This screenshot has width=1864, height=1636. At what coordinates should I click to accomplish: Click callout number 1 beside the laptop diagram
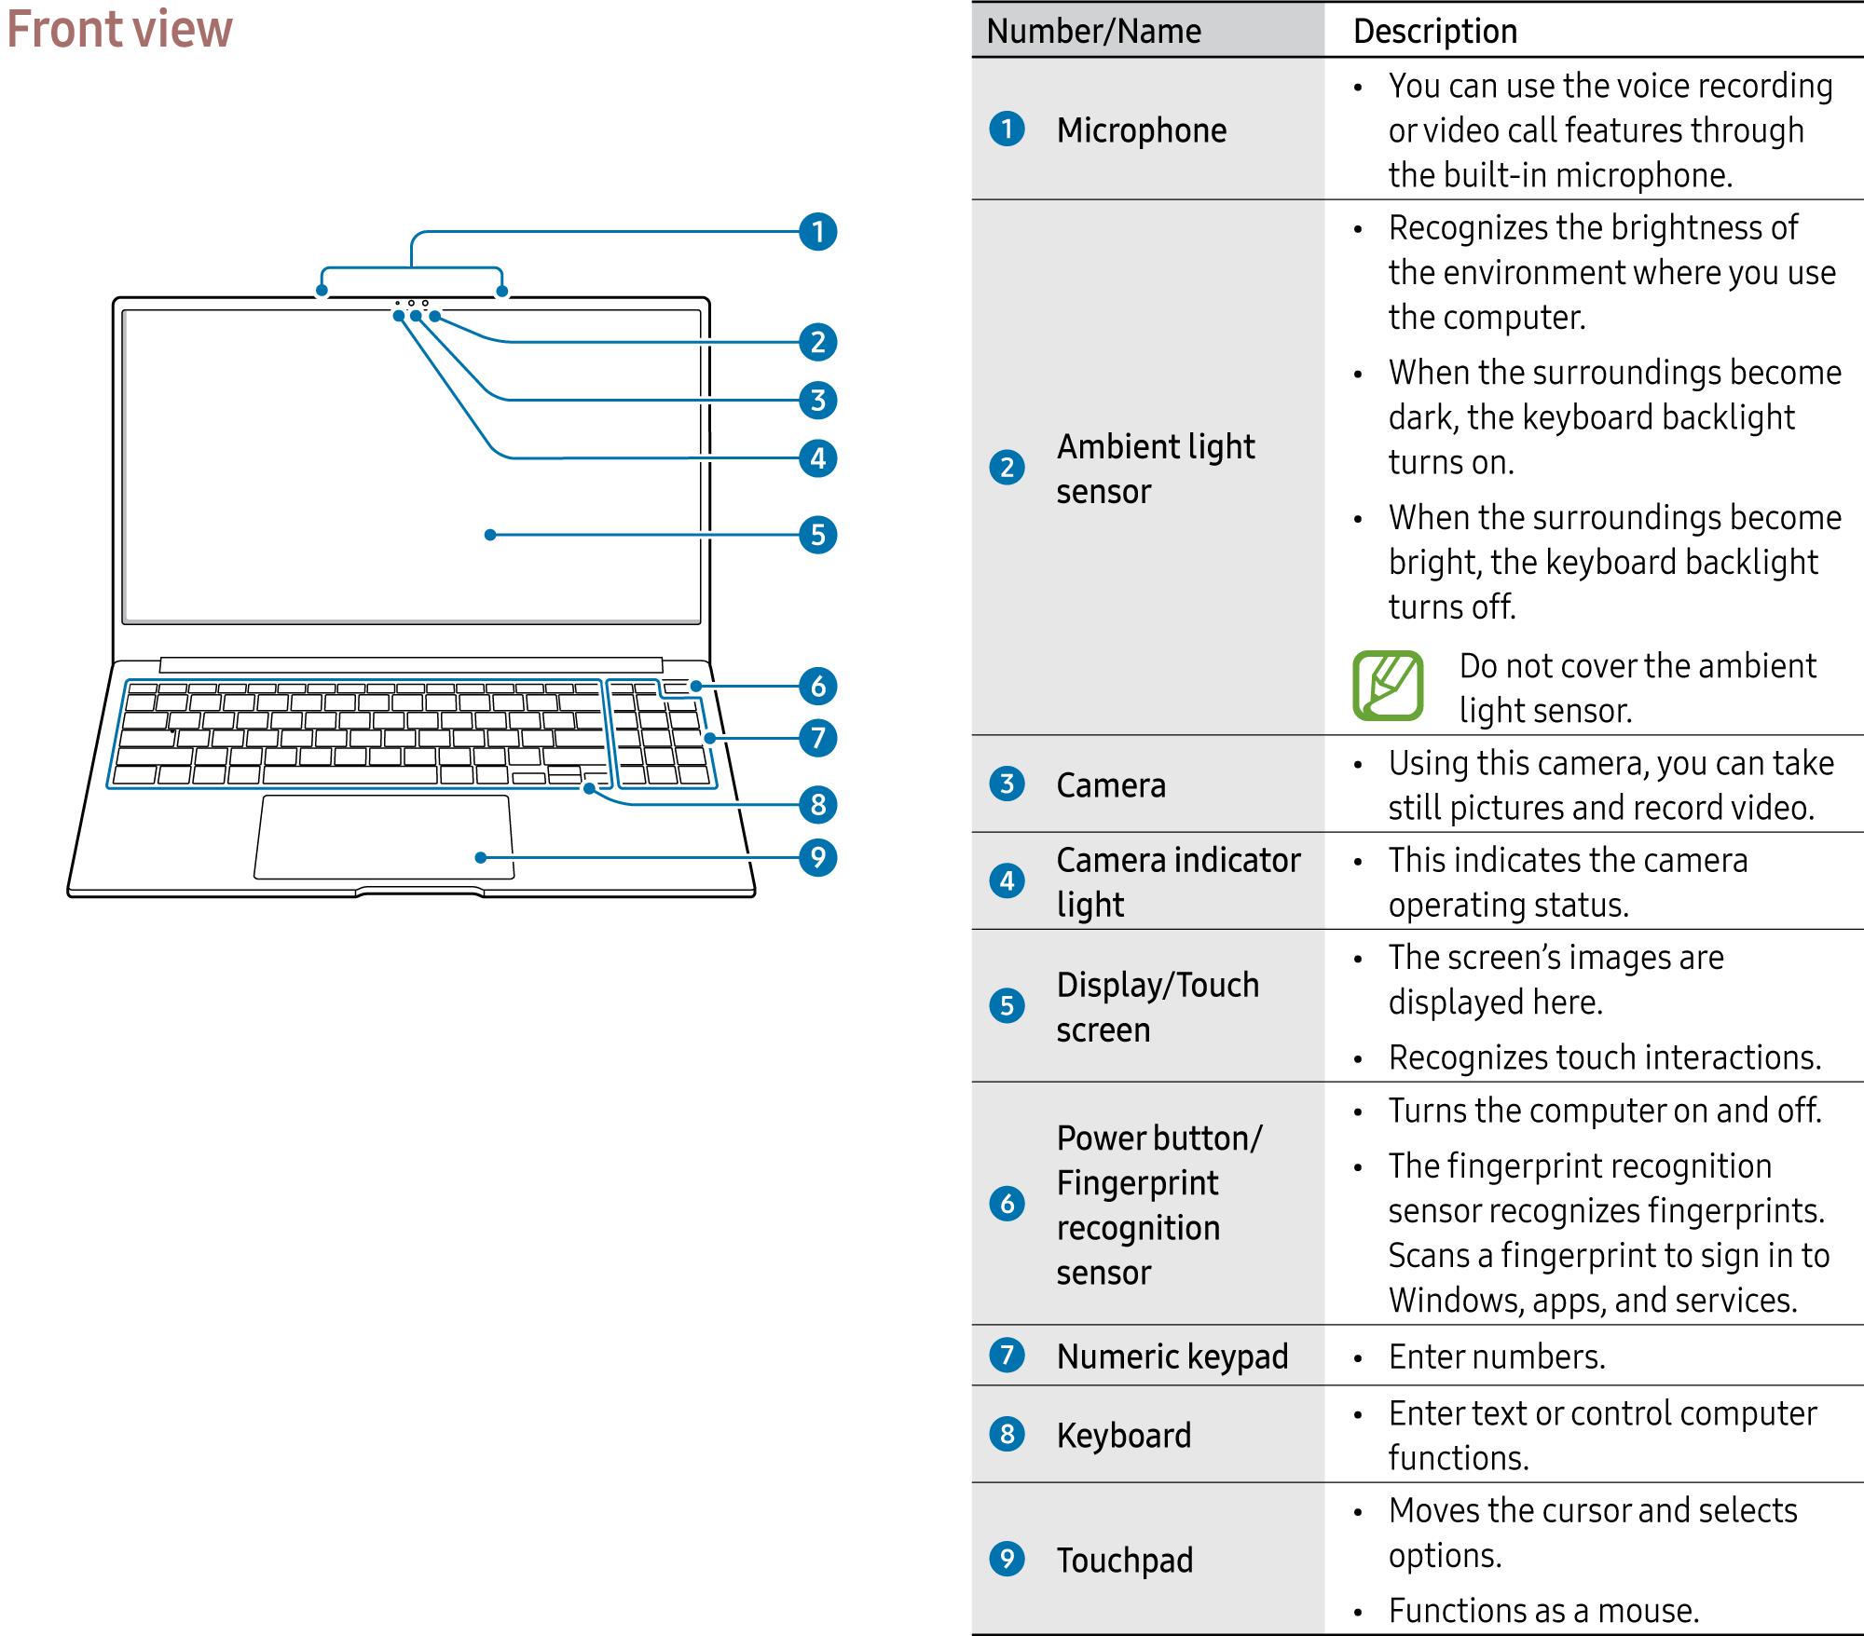817,232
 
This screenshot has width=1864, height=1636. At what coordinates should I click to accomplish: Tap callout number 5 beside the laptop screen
817,535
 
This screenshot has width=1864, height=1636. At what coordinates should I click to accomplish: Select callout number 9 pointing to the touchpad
817,857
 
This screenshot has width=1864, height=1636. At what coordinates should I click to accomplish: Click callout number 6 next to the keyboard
817,687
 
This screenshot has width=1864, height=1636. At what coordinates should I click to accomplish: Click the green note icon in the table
1387,686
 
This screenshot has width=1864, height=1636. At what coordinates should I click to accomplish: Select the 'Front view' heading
119,29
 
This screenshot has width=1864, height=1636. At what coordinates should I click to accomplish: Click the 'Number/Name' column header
1093,32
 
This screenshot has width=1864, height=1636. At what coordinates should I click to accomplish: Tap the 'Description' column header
1434,32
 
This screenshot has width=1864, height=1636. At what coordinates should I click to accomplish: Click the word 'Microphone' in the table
1141,130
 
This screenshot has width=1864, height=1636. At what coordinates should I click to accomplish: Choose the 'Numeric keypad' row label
1172,1357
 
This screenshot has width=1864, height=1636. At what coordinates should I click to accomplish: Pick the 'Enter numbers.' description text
1496,1357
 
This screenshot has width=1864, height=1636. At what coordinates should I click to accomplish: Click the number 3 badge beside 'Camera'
1007,784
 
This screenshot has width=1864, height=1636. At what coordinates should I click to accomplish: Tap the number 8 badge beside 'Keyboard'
1007,1434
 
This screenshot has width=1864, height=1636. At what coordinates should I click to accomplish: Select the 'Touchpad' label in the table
1124,1560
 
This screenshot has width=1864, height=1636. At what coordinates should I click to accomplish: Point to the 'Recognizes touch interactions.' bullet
1603,1057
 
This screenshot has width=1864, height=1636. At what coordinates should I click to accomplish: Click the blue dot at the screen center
490,535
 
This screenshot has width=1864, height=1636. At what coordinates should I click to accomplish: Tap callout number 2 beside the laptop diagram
817,343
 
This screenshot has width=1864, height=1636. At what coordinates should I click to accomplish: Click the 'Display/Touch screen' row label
1157,1007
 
